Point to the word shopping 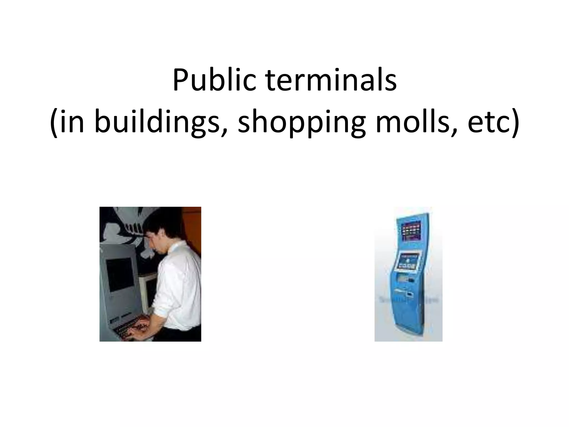pos(301,122)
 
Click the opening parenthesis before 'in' pos(54,122)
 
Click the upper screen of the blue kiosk pos(411,231)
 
